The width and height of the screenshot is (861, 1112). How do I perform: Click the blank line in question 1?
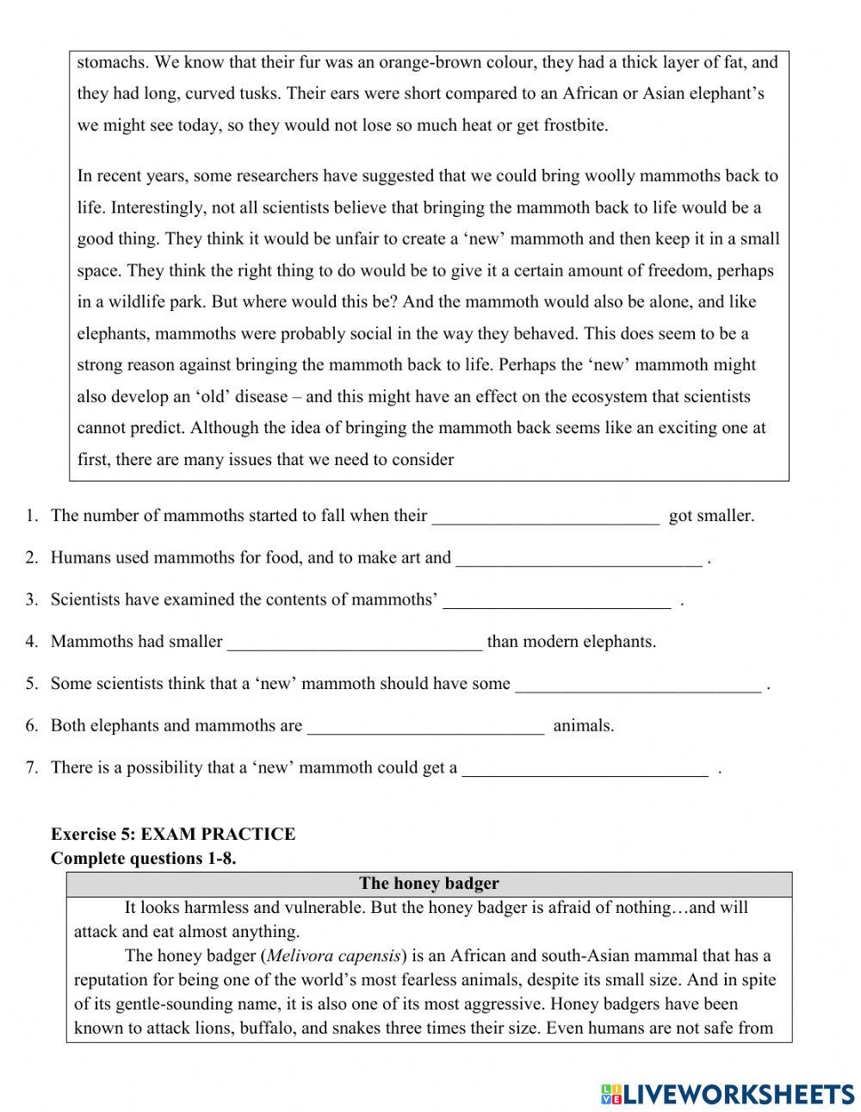click(545, 517)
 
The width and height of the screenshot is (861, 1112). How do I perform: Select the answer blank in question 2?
click(579, 559)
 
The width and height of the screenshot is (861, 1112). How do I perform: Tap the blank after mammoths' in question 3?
click(556, 600)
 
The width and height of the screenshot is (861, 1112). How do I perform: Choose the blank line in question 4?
click(355, 643)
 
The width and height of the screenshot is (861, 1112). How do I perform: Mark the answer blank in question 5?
click(638, 685)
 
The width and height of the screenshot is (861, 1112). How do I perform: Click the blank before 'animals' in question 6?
click(425, 726)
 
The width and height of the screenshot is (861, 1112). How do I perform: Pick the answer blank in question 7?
click(585, 768)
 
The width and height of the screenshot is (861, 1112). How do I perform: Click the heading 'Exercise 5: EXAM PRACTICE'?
click(173, 834)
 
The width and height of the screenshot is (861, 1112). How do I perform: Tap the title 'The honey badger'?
click(429, 883)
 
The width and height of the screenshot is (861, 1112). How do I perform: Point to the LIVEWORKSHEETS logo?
click(728, 1094)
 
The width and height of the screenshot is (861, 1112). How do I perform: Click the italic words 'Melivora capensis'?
click(333, 955)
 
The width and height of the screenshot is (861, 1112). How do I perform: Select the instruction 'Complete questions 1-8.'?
click(143, 858)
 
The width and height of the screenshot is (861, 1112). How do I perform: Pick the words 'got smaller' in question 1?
click(711, 516)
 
